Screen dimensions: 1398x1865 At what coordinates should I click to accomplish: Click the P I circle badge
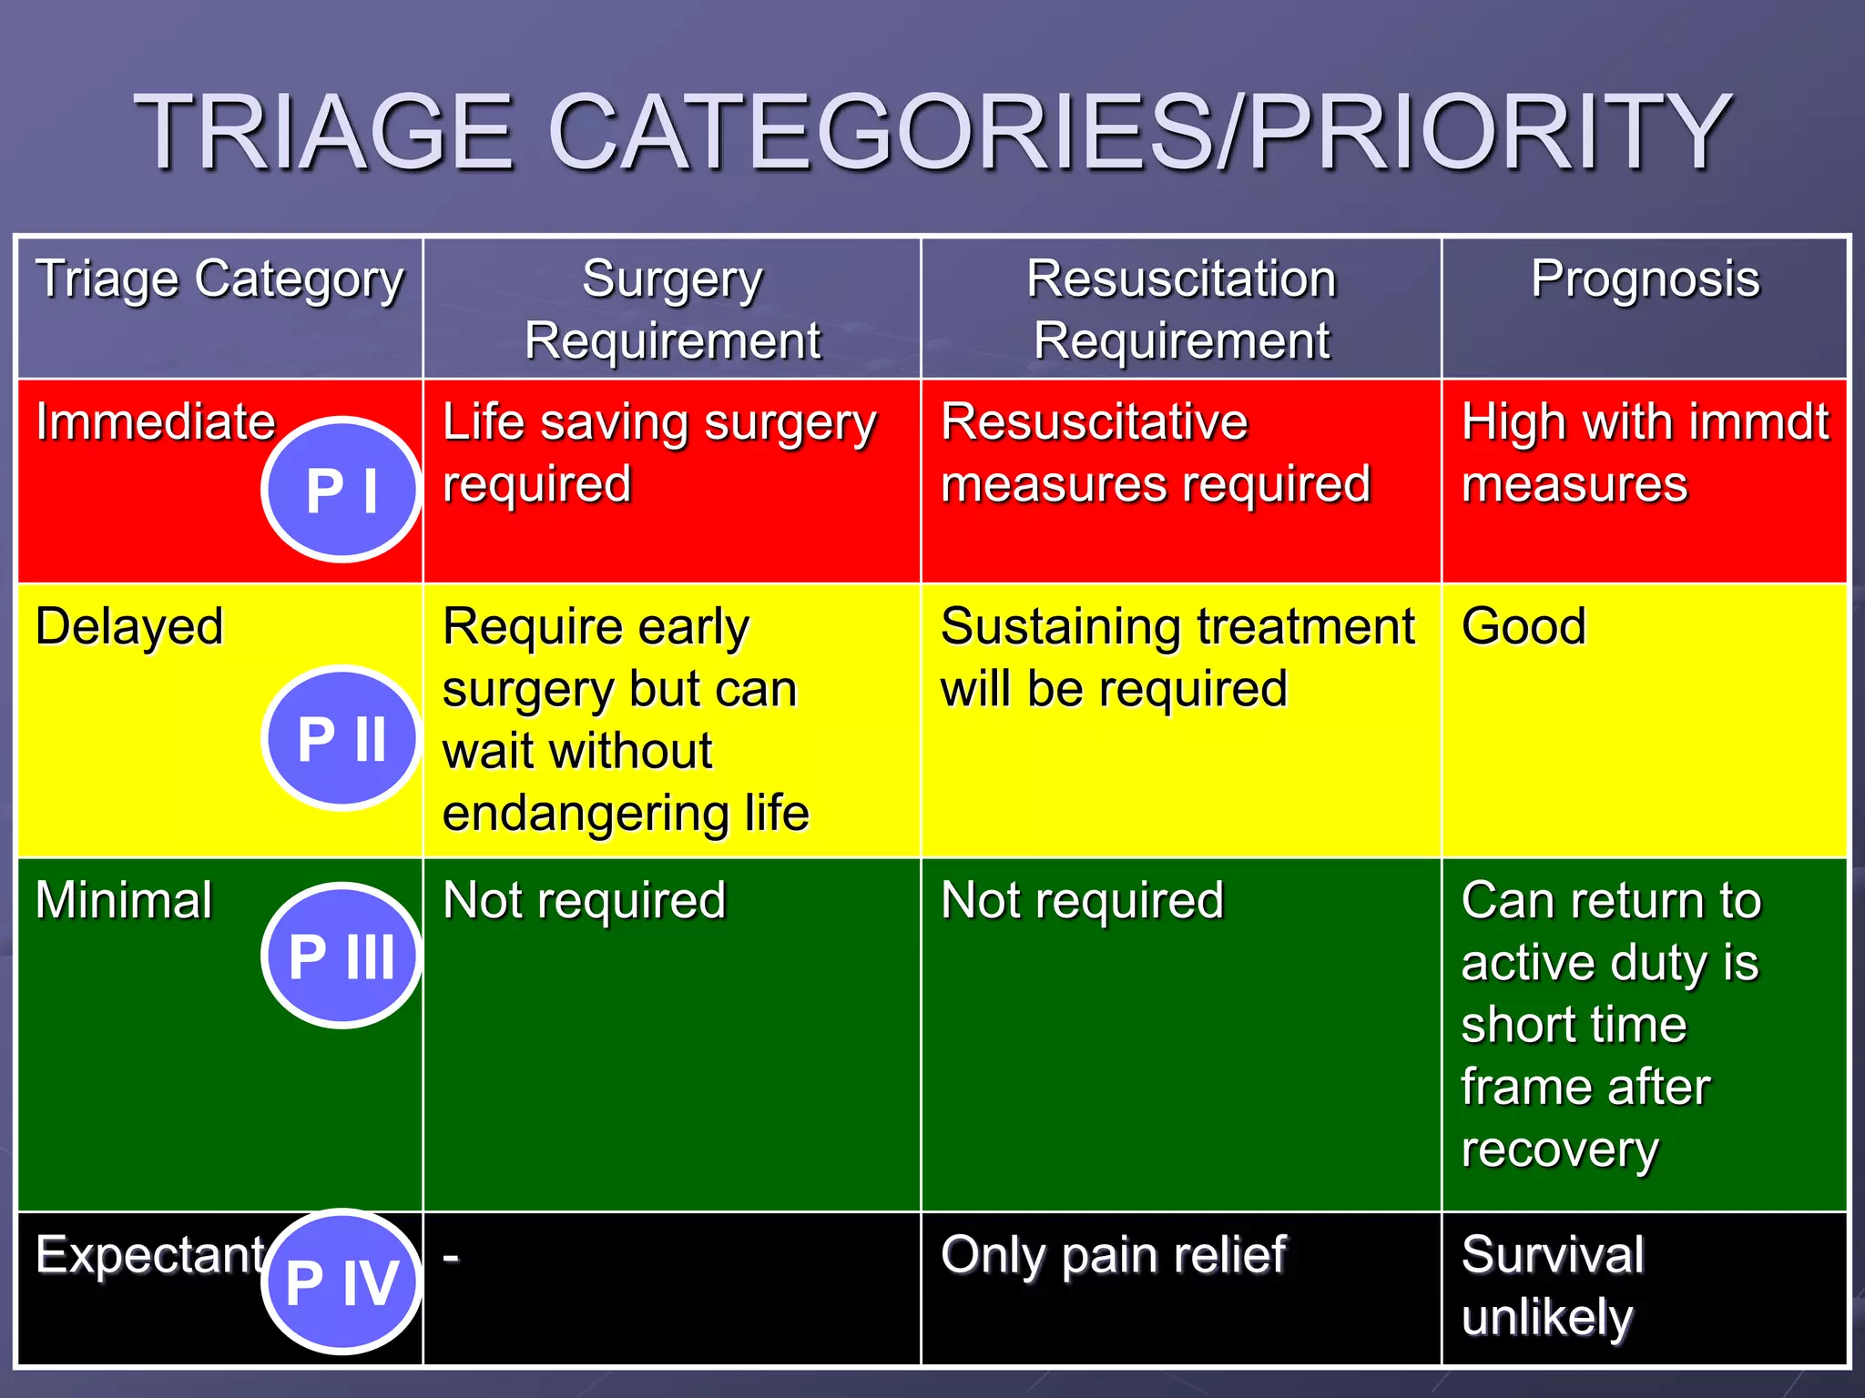341,490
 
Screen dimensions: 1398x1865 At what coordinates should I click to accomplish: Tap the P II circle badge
341,737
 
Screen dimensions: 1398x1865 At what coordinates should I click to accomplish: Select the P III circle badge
341,956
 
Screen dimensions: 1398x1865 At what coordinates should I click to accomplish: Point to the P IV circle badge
341,1281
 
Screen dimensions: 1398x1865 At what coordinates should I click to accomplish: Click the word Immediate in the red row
155,422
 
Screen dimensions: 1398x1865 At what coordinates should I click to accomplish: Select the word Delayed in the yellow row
129,627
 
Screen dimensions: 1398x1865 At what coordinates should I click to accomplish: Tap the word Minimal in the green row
124,901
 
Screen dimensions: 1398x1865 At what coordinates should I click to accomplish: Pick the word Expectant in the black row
149,1255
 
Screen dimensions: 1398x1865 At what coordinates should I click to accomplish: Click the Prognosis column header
1645,279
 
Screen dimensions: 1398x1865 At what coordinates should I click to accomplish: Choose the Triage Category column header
219,280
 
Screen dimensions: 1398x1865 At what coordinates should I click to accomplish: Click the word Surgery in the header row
672,280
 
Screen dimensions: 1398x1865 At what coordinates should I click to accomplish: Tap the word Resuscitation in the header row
1181,279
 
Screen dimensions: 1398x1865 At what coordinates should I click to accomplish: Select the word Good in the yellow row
1524,627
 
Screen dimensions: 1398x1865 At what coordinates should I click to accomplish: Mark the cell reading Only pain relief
1113,1256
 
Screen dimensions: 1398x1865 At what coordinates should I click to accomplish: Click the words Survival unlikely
1552,1285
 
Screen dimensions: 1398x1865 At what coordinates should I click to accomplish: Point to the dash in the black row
451,1258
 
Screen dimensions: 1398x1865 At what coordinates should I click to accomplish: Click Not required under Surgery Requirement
584,901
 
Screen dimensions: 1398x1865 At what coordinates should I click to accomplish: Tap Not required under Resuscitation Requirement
1082,901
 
